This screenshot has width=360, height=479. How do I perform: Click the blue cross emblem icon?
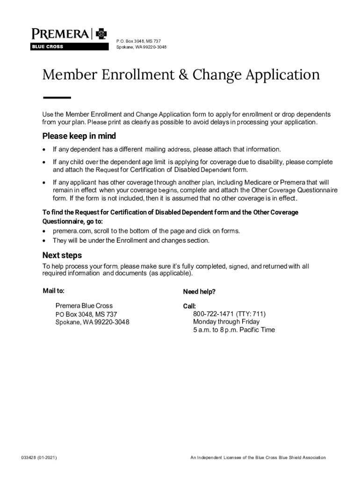click(101, 34)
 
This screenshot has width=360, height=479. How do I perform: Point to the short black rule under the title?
click(57, 98)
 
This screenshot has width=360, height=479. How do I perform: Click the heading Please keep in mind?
click(79, 136)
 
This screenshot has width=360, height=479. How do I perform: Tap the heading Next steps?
click(62, 255)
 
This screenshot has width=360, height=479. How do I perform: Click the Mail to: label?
click(54, 291)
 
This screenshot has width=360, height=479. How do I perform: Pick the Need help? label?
click(199, 292)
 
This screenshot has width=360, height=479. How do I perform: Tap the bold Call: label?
click(189, 306)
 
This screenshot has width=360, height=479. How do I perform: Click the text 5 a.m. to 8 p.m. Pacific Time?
click(234, 330)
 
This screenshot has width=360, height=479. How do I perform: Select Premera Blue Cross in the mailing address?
click(84, 305)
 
